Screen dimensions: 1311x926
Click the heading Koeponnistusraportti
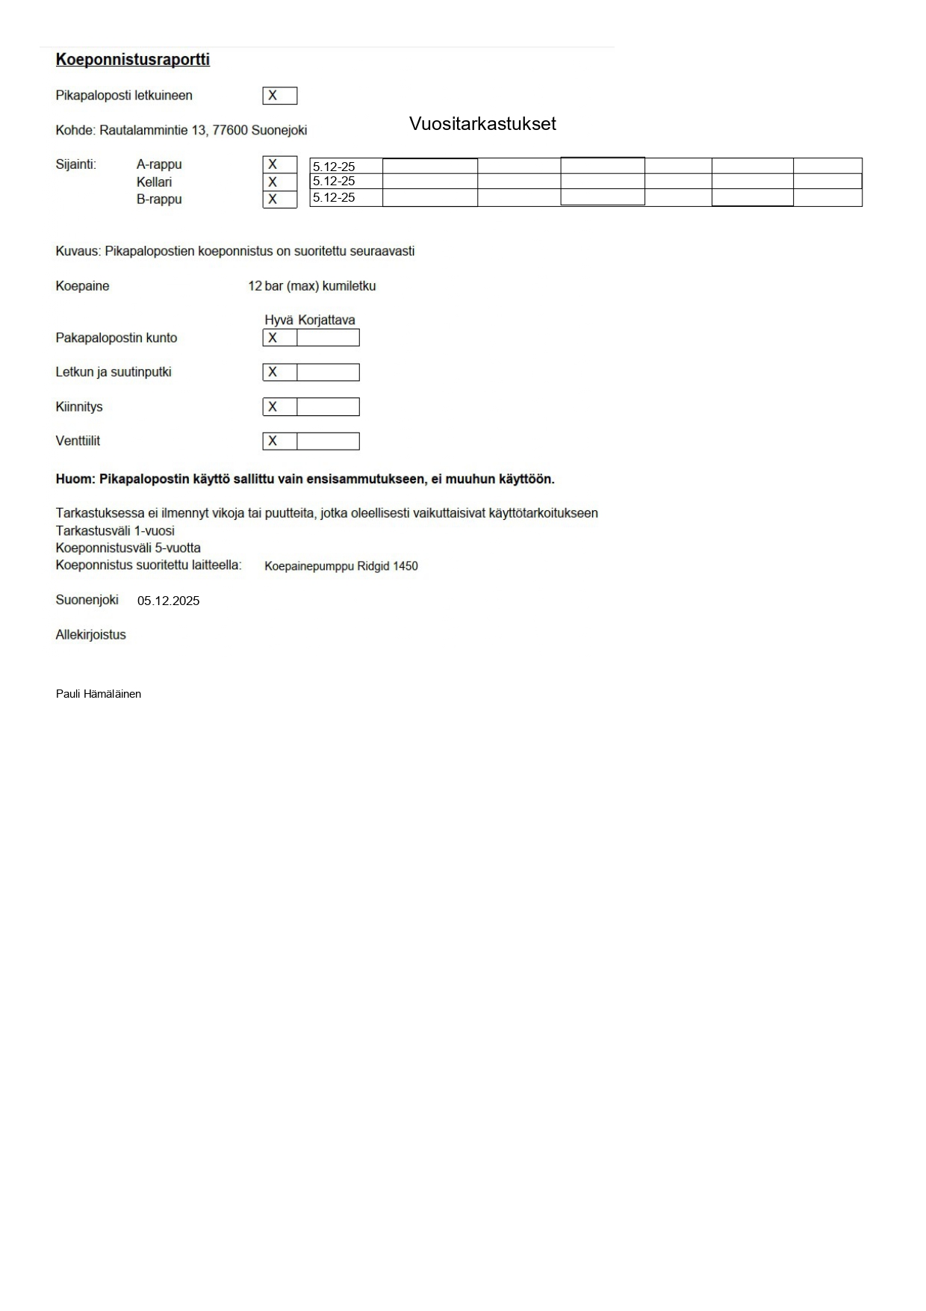tap(132, 60)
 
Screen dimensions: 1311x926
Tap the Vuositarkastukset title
tap(482, 124)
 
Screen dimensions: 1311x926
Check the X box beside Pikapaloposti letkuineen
tap(279, 96)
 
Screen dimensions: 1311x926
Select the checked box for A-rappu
tap(279, 164)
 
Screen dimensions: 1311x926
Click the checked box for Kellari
tap(279, 182)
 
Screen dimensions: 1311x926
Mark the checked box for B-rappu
tap(279, 199)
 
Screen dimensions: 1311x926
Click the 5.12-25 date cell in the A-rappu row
tap(346, 167)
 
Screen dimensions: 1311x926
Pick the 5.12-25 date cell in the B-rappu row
tap(346, 198)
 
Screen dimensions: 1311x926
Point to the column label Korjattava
tap(326, 320)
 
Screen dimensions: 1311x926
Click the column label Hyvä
tap(279, 320)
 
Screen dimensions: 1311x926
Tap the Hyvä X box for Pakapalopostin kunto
tap(279, 338)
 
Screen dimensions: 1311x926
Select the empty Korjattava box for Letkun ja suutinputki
tap(328, 372)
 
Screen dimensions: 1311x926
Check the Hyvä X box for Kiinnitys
tap(279, 407)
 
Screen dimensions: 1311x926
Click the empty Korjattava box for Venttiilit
tap(328, 441)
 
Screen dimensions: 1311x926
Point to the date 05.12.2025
tap(168, 601)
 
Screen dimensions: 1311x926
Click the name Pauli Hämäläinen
tap(99, 694)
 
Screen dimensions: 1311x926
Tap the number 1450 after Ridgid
tap(405, 566)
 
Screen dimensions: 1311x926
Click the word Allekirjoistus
tap(90, 635)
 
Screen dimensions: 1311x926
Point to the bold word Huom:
tap(75, 480)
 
